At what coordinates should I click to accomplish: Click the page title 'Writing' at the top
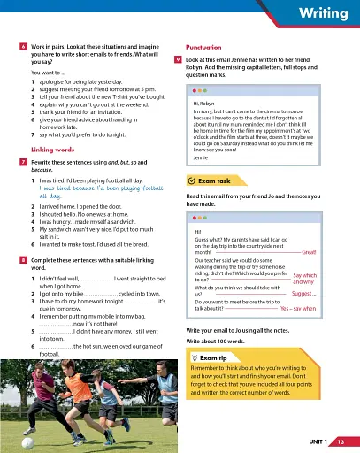pos(324,14)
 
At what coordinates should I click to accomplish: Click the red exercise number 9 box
pos(179,58)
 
